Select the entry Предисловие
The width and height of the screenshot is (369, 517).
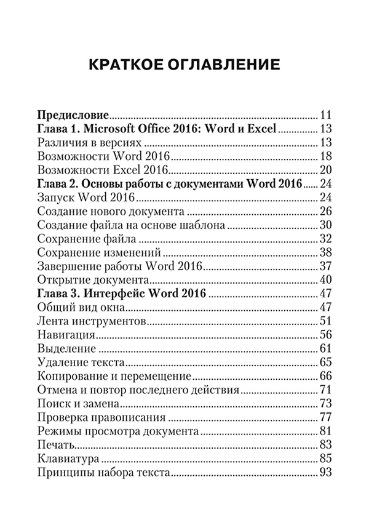[73, 115]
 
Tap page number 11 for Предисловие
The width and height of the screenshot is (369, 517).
[326, 115]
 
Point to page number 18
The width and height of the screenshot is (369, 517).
[326, 156]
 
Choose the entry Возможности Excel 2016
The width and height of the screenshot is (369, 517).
[103, 170]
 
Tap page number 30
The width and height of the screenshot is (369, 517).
[326, 225]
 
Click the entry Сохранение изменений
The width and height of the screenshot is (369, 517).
[99, 252]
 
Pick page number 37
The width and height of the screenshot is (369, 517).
[326, 267]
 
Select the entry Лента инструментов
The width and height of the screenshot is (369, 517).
[91, 321]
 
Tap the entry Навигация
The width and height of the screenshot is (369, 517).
[66, 335]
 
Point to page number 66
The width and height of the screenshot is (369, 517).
[326, 376]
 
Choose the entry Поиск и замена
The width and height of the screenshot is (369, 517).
[78, 404]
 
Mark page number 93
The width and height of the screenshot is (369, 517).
[326, 473]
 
